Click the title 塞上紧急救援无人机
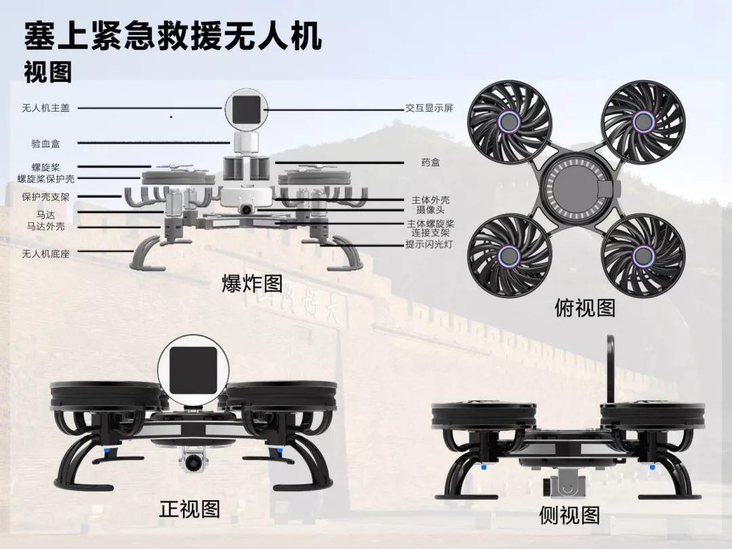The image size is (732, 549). coord(173,37)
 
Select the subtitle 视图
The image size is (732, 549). coord(47,72)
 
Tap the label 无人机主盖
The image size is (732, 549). coord(45,108)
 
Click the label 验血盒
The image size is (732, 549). coord(45,144)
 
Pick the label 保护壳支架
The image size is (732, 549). coord(45,197)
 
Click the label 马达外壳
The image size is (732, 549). coord(45,226)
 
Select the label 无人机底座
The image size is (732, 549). coord(45,253)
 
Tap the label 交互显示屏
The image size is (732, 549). coord(429,108)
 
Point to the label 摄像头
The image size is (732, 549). coord(430,210)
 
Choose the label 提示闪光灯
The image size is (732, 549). coord(429,245)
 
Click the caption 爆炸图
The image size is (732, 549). coord(251,283)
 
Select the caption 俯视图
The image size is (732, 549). coord(585,308)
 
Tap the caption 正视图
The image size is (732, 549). coord(190,508)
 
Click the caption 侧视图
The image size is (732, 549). coord(569,515)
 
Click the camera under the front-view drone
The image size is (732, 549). coord(192,462)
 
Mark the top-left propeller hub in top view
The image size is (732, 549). coord(508,121)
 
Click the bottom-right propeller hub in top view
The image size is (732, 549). coord(642,255)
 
